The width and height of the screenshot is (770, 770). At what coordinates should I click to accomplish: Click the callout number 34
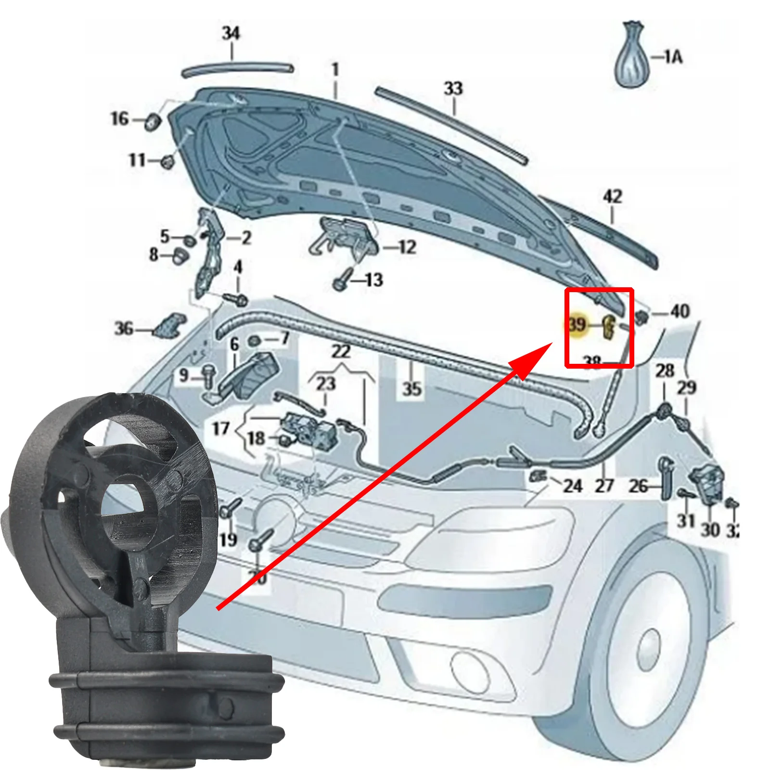(x=231, y=33)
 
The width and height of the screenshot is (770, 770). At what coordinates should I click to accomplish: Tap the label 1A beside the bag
(x=673, y=57)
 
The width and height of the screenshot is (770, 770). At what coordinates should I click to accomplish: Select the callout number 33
(x=453, y=89)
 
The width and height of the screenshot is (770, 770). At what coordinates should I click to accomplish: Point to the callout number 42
(x=612, y=196)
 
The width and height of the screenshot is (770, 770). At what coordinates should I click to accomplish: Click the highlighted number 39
(x=577, y=324)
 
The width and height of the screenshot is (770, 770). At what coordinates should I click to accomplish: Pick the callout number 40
(x=680, y=311)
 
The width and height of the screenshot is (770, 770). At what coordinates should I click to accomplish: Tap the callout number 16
(x=120, y=118)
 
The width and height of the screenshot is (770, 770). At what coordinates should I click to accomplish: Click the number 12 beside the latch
(x=407, y=247)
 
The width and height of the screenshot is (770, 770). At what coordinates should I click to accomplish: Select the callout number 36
(x=124, y=329)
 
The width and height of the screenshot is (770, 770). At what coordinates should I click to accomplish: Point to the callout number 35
(x=412, y=388)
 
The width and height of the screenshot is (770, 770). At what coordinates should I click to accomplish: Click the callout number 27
(x=604, y=486)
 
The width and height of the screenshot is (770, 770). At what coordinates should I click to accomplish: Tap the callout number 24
(x=573, y=486)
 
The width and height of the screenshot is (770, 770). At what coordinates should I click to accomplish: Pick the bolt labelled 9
(x=208, y=375)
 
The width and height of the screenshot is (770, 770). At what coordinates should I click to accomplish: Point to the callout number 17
(x=221, y=428)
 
